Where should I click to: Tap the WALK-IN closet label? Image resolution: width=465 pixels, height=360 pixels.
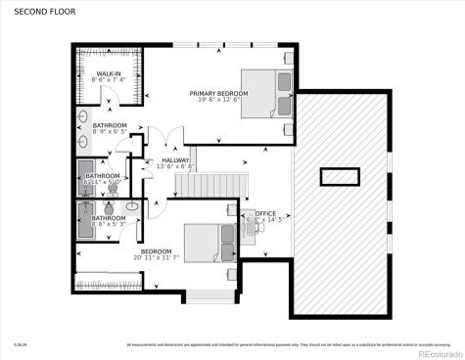pos(108,73)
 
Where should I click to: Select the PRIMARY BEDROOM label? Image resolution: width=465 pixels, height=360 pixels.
pos(219,93)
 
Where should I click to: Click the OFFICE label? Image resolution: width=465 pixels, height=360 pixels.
pos(266,212)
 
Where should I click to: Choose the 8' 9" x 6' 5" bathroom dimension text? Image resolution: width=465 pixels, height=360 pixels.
pos(111,132)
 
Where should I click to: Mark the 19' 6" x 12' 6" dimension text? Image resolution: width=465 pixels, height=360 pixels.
pos(219,100)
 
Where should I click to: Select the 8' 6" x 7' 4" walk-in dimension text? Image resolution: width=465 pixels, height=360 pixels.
pos(108,80)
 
